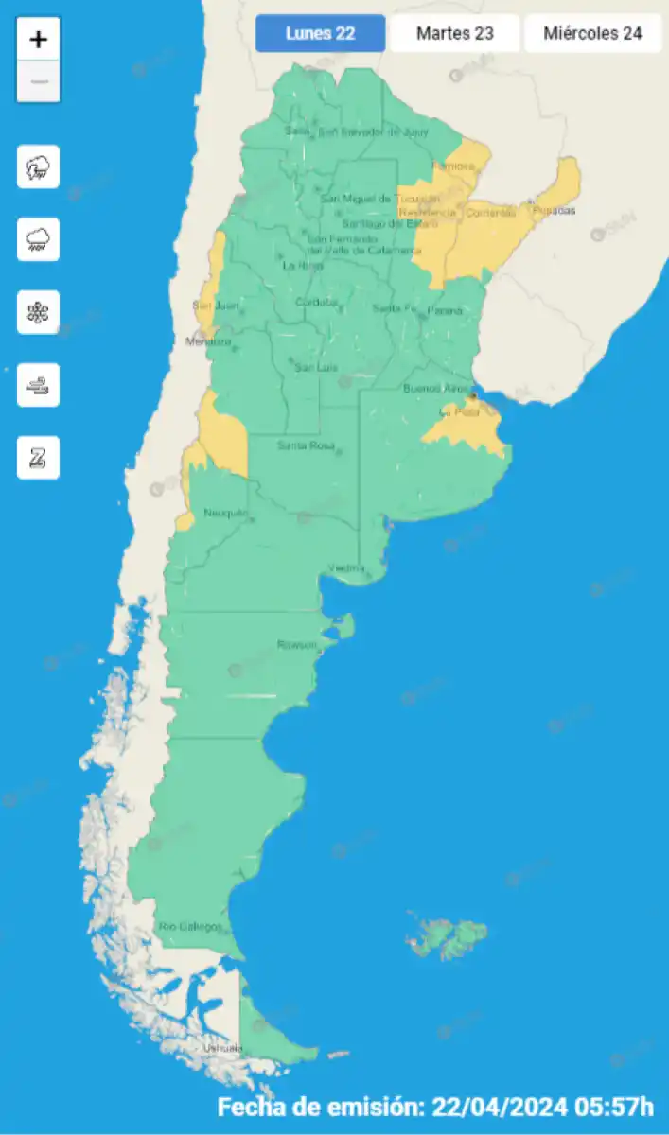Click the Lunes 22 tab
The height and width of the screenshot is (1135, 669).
(321, 34)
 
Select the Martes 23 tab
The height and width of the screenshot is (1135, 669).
(455, 34)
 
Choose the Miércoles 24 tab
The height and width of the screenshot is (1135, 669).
(592, 34)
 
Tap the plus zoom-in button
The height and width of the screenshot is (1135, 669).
(38, 40)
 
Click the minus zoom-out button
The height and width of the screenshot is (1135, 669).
(38, 82)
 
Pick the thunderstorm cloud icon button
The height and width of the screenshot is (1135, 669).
(38, 167)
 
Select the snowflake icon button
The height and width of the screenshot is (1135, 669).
(38, 312)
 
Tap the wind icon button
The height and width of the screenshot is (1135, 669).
(38, 385)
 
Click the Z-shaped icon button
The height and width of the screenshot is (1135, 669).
(38, 458)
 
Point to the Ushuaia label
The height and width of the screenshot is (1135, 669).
(222, 1048)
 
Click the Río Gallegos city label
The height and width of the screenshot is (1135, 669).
(190, 926)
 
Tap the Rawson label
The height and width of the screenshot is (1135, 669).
(297, 644)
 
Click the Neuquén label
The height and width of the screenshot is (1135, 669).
(225, 514)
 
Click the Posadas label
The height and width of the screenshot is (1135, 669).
(554, 211)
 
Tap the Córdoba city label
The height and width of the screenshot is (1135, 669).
(316, 303)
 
